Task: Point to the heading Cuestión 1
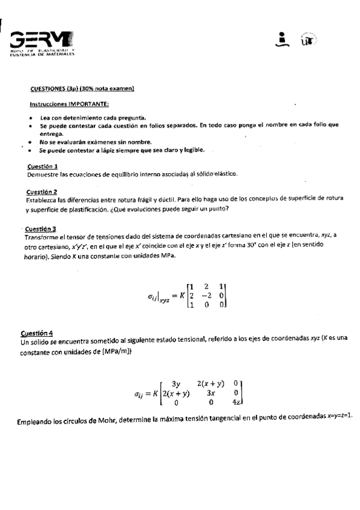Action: tap(43, 166)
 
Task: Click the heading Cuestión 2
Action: tap(43, 191)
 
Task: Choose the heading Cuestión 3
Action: tap(41, 229)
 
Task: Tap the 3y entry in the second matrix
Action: tap(177, 382)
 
